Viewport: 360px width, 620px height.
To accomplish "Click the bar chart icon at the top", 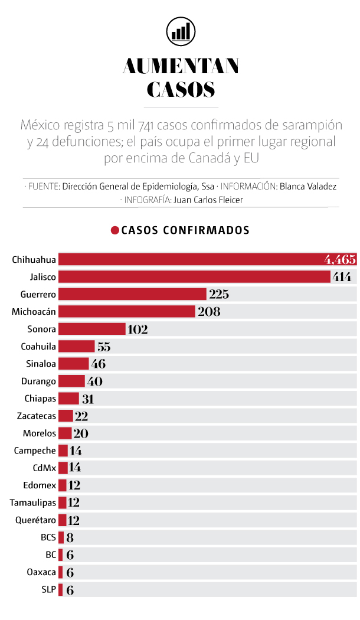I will pos(180,30).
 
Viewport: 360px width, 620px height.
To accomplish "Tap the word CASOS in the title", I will pos(180,89).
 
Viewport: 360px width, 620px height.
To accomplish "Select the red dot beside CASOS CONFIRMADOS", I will pos(114,230).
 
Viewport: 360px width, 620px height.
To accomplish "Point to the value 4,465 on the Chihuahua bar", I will pos(339,259).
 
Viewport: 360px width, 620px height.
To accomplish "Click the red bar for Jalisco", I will pos(194,277).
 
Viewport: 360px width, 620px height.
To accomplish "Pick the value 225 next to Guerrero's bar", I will pos(218,294).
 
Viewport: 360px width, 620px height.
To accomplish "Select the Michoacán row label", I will pos(34,312).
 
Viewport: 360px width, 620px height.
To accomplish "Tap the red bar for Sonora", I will pos(92,329).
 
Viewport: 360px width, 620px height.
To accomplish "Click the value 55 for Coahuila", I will pos(104,347).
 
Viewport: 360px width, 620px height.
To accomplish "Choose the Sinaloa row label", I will pos(41,364).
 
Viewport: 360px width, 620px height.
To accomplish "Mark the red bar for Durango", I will pos(71,381).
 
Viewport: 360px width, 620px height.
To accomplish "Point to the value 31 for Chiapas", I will pos(87,399).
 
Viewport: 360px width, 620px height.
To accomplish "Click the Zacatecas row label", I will pos(37,416).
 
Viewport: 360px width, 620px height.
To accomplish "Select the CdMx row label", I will pos(45,468).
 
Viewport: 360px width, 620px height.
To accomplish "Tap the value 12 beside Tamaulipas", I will pos(74,502).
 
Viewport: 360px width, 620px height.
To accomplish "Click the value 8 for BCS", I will pos(70,537).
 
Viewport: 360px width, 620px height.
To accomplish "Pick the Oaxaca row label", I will pos(42,572).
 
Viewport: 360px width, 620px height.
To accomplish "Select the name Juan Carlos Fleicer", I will pos(208,200).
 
